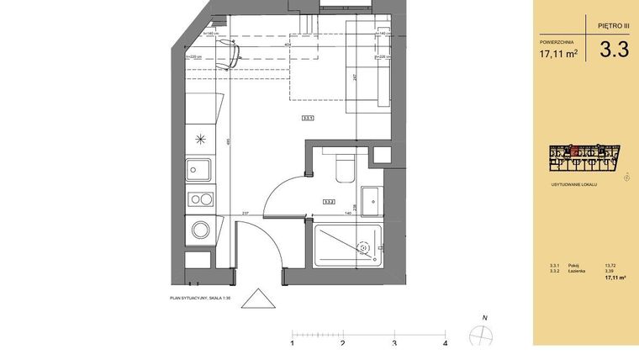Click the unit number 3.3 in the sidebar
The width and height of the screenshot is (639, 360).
tap(614, 50)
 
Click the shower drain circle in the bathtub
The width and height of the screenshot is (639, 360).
tap(363, 247)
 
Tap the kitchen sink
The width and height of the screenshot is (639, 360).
tap(200, 171)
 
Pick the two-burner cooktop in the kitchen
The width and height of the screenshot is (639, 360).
tap(200, 199)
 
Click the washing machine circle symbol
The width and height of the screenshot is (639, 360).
tap(200, 230)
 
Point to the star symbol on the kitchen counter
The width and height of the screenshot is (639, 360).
tap(200, 140)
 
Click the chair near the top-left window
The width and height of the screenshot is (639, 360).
tap(225, 56)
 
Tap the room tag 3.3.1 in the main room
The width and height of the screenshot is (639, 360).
tap(308, 119)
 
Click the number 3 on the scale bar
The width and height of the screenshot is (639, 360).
tap(394, 343)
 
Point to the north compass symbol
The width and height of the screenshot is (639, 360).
tap(481, 333)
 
